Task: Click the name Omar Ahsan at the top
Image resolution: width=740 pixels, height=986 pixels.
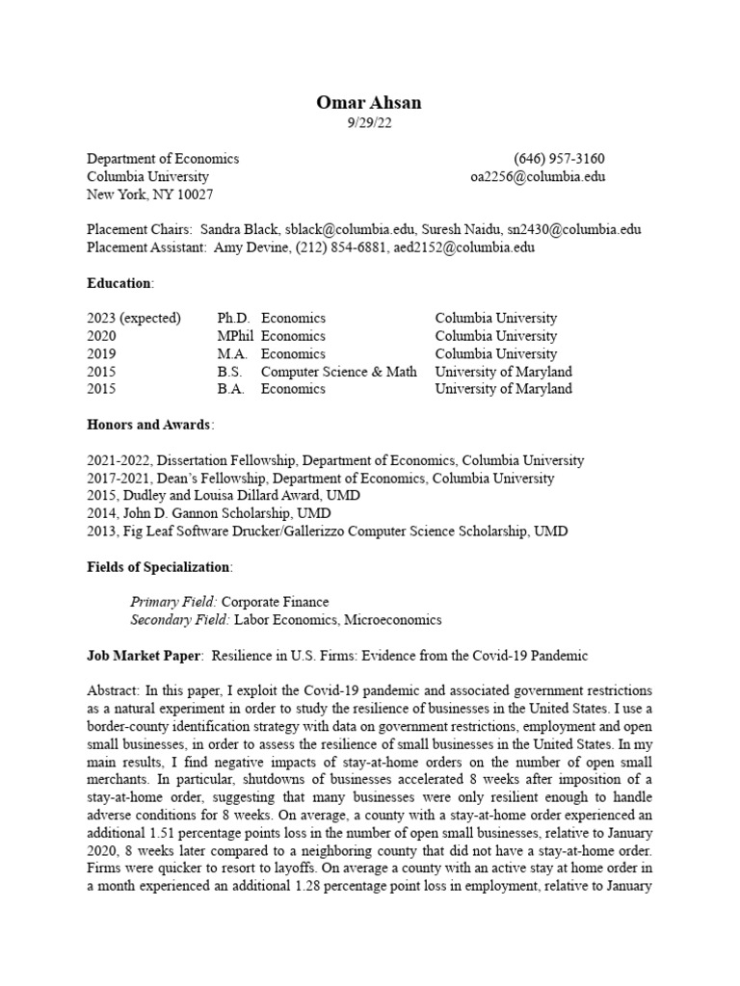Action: coord(370,103)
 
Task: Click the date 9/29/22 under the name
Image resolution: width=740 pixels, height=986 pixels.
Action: coord(370,123)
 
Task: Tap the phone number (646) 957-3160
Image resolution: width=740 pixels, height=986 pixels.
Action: coord(559,159)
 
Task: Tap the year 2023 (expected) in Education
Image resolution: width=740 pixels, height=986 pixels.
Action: coord(134,319)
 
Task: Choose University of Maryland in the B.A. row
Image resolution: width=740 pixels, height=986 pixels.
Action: coord(503,389)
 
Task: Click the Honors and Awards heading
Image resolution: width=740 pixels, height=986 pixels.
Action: coord(149,425)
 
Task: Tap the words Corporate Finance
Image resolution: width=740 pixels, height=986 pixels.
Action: coord(276,602)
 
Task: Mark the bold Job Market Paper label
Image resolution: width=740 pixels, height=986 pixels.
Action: coord(144,656)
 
